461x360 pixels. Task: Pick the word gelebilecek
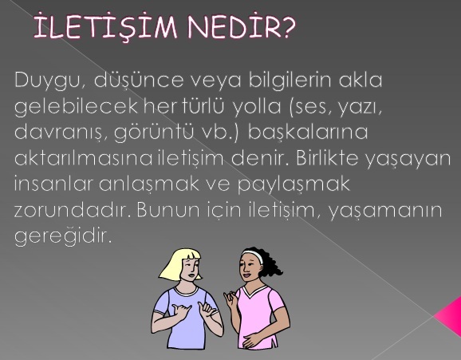76,107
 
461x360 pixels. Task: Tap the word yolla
257,107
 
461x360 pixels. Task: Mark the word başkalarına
308,132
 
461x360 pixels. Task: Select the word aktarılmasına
83,158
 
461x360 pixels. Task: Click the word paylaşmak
294,185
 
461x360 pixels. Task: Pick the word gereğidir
63,236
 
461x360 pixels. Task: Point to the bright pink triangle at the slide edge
450,315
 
